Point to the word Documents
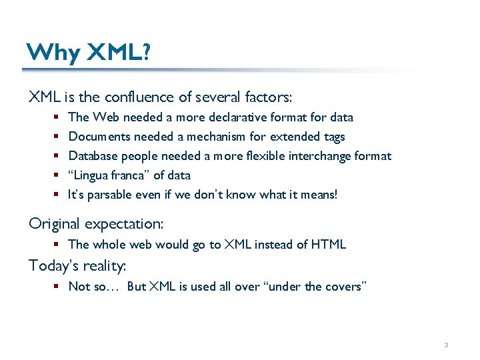[x=99, y=137]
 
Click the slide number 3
[x=446, y=345]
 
